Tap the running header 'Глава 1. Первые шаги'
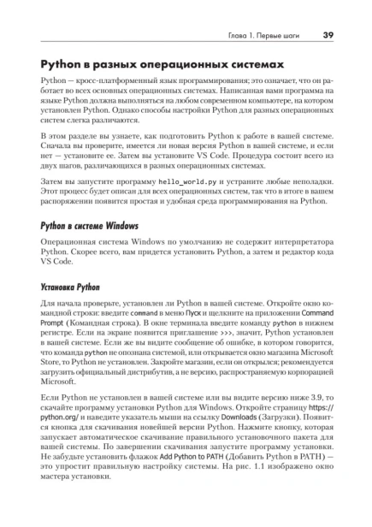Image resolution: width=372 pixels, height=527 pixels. click(263, 36)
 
